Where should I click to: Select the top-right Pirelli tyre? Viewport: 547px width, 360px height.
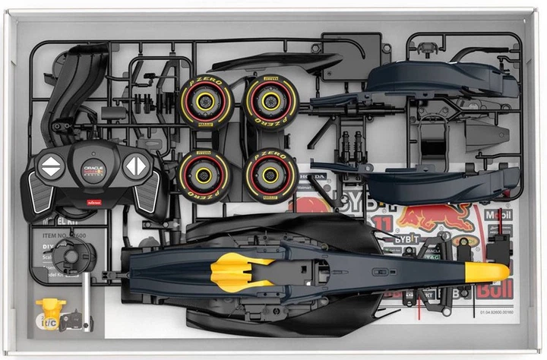coord(270,102)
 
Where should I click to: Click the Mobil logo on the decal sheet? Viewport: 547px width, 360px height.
coord(500,214)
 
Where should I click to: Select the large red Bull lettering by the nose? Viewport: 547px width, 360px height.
coord(494,289)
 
